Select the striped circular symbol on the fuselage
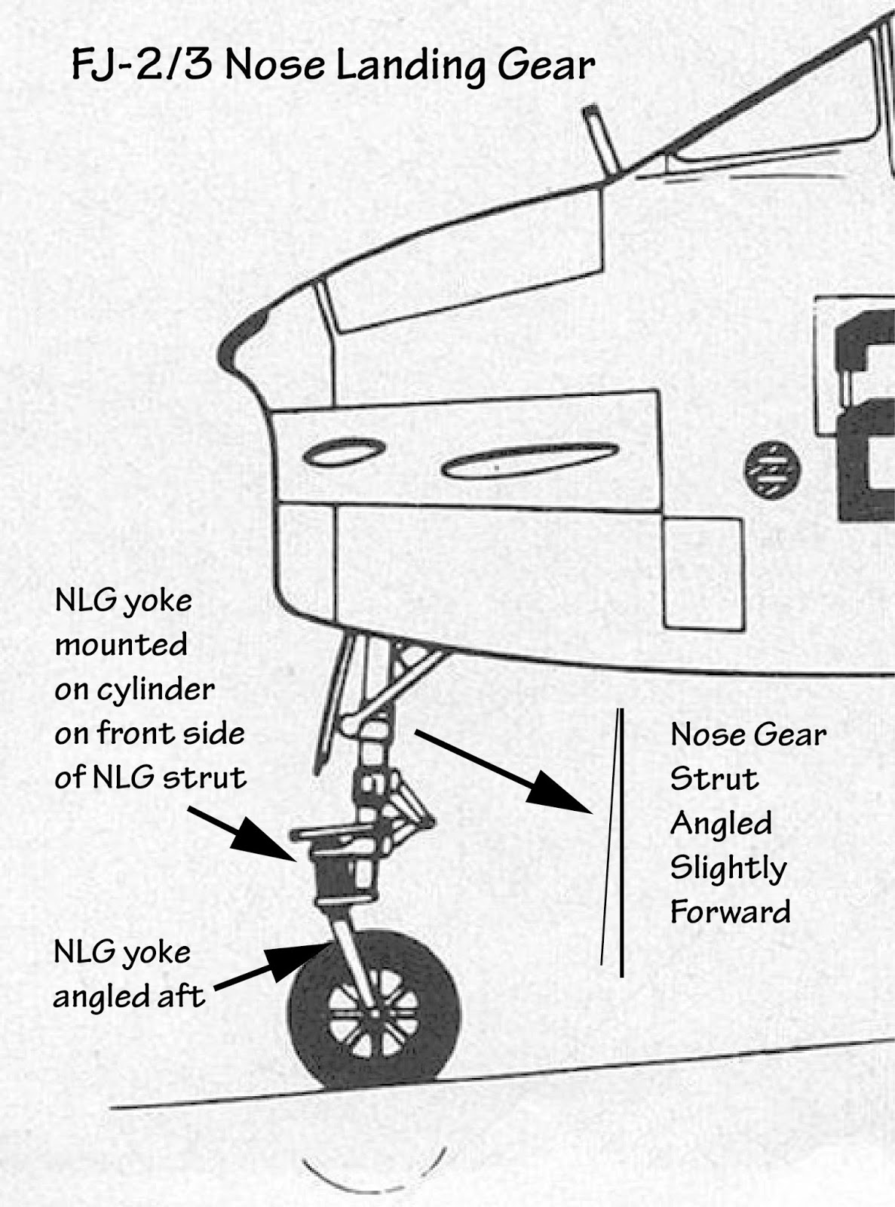(772, 469)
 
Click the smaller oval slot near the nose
(344, 452)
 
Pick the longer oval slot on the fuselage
(529, 460)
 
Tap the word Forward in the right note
(730, 912)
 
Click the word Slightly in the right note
(728, 868)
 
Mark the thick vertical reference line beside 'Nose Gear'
(621, 841)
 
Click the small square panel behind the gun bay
(702, 573)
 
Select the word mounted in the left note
(121, 645)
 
